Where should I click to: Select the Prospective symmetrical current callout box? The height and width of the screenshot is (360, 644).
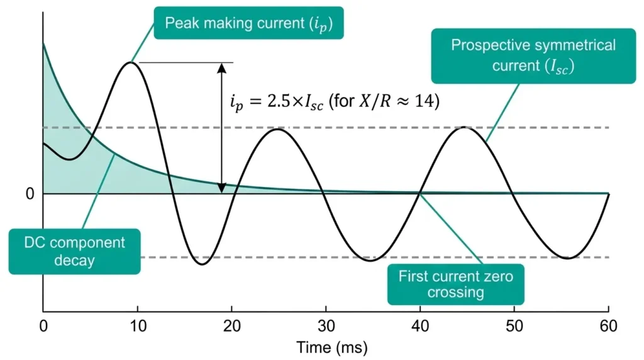point(533,55)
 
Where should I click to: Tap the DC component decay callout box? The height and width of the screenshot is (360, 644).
point(74,251)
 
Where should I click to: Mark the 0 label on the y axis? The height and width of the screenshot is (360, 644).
point(29,194)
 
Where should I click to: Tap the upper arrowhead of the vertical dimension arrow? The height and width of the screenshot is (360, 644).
point(221,67)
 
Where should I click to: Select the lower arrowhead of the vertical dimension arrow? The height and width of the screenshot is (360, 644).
point(221,188)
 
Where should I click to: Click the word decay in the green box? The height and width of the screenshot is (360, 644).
point(74,260)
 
